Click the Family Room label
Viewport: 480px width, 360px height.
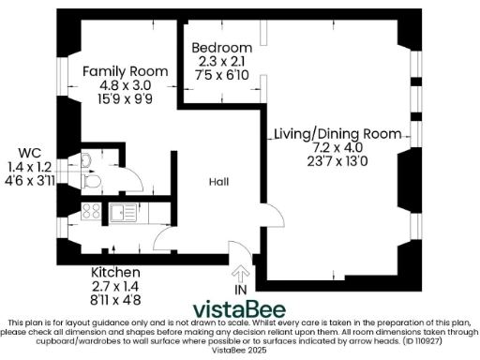(x=125, y=71)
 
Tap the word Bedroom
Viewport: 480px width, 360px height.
(x=221, y=48)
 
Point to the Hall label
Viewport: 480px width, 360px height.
(x=219, y=184)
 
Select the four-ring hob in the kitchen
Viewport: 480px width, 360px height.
(x=92, y=211)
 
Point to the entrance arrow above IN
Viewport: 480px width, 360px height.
(x=240, y=275)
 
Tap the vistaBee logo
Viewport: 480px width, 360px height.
(x=240, y=309)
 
